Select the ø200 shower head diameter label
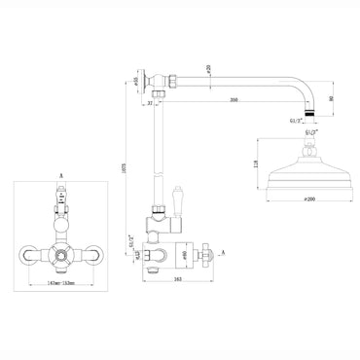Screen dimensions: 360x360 click(309, 198)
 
